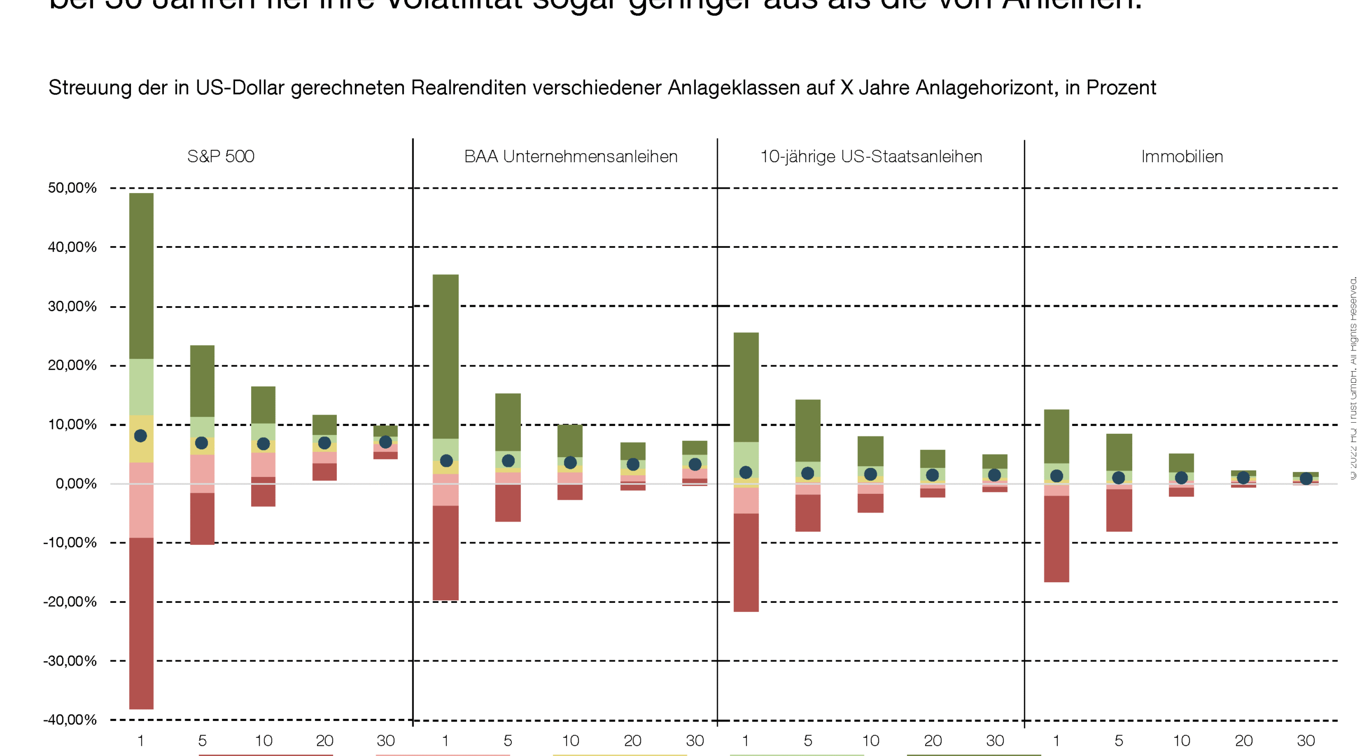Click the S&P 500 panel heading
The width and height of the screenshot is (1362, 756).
(x=220, y=156)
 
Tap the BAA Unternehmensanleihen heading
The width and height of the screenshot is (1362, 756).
(x=570, y=156)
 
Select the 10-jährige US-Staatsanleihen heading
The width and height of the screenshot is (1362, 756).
(x=871, y=156)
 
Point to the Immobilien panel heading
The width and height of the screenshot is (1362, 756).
(x=1182, y=156)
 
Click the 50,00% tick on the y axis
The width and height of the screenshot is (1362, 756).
(x=72, y=188)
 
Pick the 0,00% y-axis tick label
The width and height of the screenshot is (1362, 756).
(x=76, y=483)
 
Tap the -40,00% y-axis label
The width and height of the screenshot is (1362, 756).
(x=70, y=719)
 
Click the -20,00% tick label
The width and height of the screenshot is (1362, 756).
(x=70, y=601)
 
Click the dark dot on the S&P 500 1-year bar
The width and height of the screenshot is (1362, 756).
(x=140, y=436)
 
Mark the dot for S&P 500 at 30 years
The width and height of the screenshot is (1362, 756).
(x=386, y=442)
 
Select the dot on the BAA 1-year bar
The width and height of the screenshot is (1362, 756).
(x=446, y=460)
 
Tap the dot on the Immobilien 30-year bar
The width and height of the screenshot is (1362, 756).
(x=1306, y=478)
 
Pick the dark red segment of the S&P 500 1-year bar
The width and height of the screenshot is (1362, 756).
(x=141, y=623)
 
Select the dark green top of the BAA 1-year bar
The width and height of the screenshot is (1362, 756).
(x=445, y=356)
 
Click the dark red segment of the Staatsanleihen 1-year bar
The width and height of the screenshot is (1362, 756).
(x=746, y=562)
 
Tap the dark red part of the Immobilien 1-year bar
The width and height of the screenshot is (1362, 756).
(x=1056, y=539)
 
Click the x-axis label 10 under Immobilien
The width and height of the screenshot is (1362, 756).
(x=1181, y=741)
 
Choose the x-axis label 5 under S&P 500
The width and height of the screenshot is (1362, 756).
(x=202, y=741)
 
